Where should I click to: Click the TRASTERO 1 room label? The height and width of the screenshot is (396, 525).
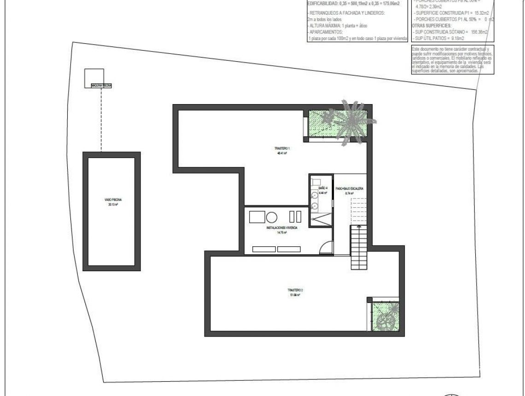click(x=282, y=151)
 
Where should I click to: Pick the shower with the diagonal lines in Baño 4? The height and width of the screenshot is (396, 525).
click(x=321, y=220)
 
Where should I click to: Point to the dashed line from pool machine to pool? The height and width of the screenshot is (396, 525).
click(x=101, y=120)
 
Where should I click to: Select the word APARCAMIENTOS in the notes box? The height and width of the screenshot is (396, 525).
click(x=327, y=32)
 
